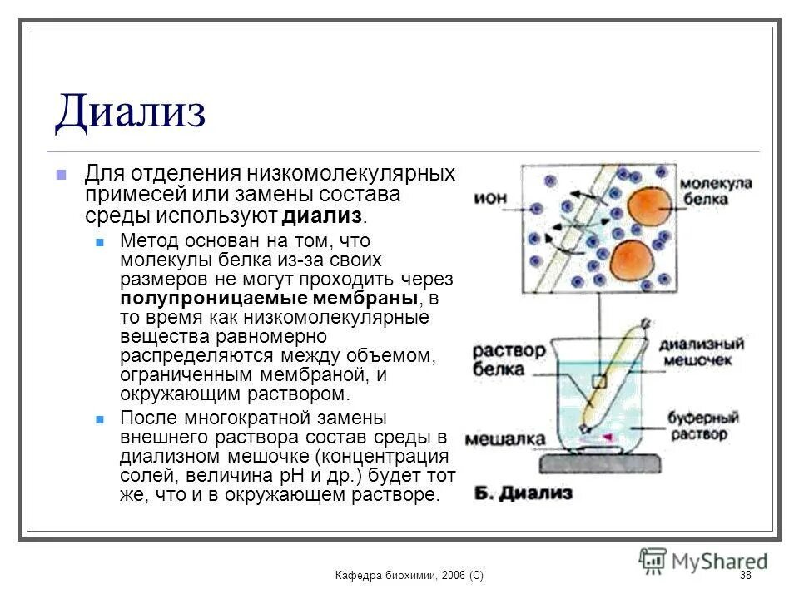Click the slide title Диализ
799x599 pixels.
pyautogui.click(x=130, y=111)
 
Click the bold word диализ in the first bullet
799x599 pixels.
pyautogui.click(x=324, y=217)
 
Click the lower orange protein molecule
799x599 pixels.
pyautogui.click(x=633, y=260)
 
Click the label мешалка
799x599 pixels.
pyautogui.click(x=505, y=439)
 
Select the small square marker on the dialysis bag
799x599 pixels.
pyautogui.click(x=598, y=382)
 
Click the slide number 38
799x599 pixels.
pyautogui.click(x=745, y=576)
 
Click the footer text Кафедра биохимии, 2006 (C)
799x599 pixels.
pyautogui.click(x=409, y=576)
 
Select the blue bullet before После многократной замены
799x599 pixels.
pyautogui.click(x=101, y=418)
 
